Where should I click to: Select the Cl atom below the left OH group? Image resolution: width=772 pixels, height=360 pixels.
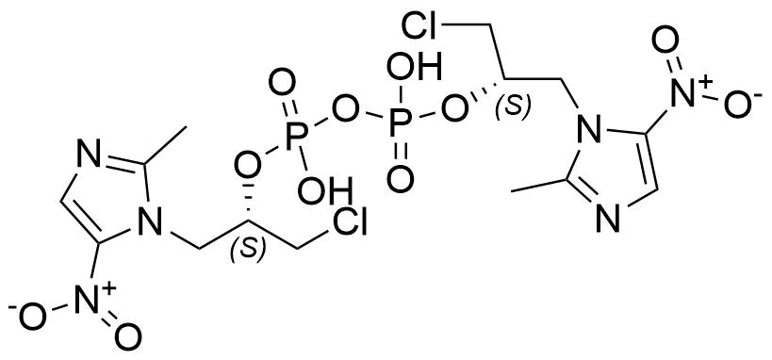click(350, 224)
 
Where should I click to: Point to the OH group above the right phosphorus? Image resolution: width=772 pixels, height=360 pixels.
click(414, 69)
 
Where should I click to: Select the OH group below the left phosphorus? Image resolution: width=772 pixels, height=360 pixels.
click(325, 190)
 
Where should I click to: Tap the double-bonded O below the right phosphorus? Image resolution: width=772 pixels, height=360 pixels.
click(399, 179)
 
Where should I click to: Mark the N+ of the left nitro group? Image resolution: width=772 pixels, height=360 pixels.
click(96, 296)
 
